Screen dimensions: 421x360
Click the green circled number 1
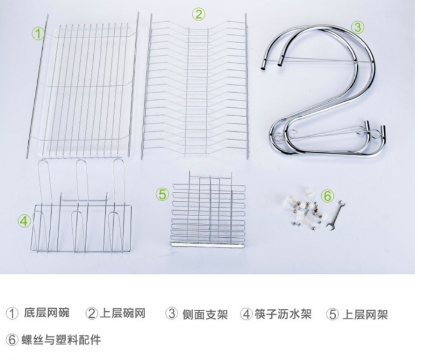click(x=38, y=34)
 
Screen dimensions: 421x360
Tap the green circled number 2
click(x=198, y=14)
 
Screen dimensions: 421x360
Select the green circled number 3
click(x=358, y=28)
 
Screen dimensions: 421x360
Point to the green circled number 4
click(x=24, y=221)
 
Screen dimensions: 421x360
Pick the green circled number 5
click(x=163, y=194)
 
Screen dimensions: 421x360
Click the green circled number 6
click(x=328, y=196)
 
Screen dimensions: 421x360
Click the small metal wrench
click(x=336, y=216)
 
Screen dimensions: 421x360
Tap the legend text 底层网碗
click(x=47, y=313)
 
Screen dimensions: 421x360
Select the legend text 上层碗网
click(x=123, y=313)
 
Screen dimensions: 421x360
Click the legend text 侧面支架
click(x=205, y=314)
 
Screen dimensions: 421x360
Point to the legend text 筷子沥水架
click(x=283, y=314)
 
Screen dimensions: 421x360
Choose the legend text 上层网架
click(x=365, y=314)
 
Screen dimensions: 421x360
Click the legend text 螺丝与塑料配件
click(x=61, y=340)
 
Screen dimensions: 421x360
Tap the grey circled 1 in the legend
click(x=12, y=314)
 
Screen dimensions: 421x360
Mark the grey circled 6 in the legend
click(x=12, y=340)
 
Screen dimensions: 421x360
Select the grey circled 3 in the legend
click(x=171, y=313)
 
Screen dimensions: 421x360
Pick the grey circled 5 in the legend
click(x=333, y=314)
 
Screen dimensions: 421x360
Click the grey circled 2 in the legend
click(x=92, y=313)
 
